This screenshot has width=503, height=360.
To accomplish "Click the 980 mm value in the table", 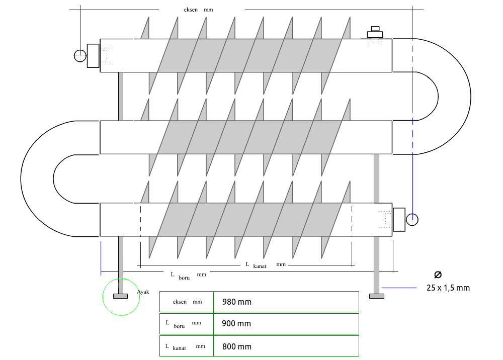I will pyautogui.click(x=236, y=302).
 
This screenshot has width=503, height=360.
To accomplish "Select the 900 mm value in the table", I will pyautogui.click(x=236, y=324).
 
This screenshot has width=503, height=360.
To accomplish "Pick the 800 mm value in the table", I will pyautogui.click(x=236, y=346).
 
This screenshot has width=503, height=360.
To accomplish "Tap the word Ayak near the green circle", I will pyautogui.click(x=143, y=292).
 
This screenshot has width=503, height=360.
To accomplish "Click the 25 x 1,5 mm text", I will pyautogui.click(x=448, y=288).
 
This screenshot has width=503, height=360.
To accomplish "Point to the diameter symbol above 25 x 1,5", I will pyautogui.click(x=438, y=274).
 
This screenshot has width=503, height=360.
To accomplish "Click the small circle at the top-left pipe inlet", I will pyautogui.click(x=80, y=56).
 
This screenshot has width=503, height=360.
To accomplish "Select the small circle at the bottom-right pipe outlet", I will pyautogui.click(x=412, y=220).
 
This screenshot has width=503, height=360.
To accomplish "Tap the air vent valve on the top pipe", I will pyautogui.click(x=375, y=33).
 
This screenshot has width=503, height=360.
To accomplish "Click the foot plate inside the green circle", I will pyautogui.click(x=120, y=296).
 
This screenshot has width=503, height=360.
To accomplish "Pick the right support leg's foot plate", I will pyautogui.click(x=377, y=296).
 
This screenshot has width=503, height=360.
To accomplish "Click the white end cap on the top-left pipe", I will pyautogui.click(x=93, y=55).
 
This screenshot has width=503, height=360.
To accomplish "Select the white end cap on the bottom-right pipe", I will pyautogui.click(x=399, y=219).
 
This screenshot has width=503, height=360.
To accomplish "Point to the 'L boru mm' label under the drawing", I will pyautogui.click(x=188, y=275).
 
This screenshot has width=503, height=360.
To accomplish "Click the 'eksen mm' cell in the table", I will pyautogui.click(x=187, y=302).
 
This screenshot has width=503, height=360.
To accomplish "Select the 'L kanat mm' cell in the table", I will pyautogui.click(x=185, y=346).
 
